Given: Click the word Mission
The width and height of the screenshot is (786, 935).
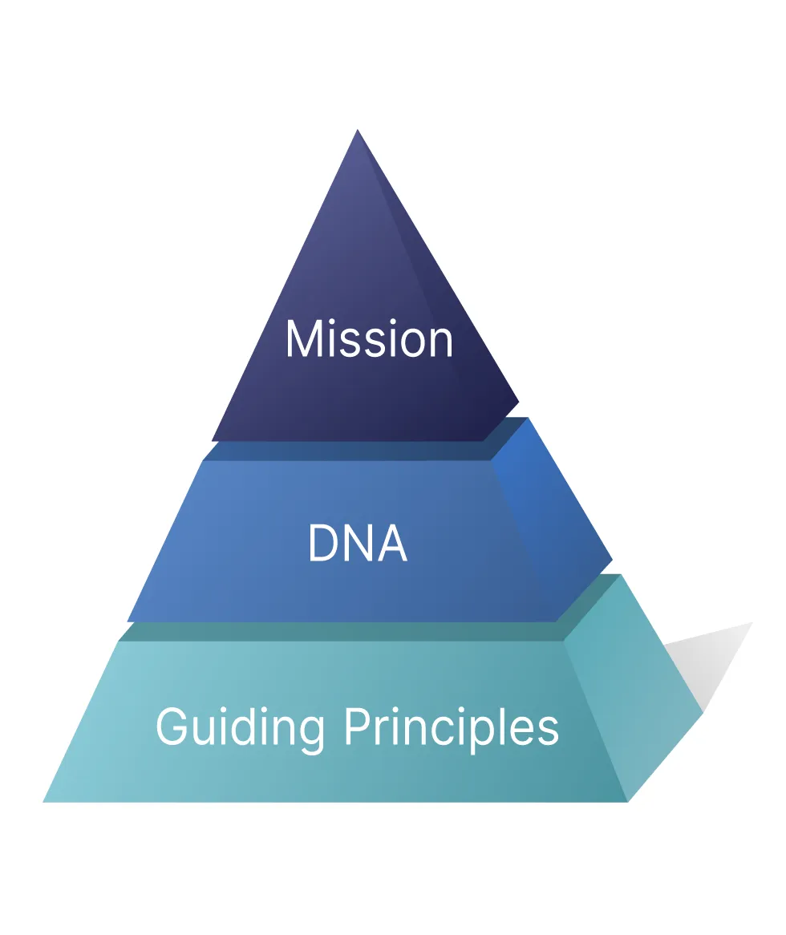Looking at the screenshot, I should click(369, 339).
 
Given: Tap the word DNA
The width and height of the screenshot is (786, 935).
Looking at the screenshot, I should click(358, 544).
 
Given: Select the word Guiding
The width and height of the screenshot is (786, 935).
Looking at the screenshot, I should click(240, 728).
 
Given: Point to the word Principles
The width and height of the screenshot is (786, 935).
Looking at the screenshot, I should click(452, 728).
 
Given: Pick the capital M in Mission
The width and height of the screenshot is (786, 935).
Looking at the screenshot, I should click(302, 339).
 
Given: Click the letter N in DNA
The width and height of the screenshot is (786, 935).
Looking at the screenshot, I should click(358, 544).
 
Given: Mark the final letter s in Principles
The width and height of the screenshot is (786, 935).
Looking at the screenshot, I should click(549, 731).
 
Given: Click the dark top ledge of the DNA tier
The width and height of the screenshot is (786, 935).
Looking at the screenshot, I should click(353, 451).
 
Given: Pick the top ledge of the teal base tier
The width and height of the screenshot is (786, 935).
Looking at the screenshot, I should click(345, 632).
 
